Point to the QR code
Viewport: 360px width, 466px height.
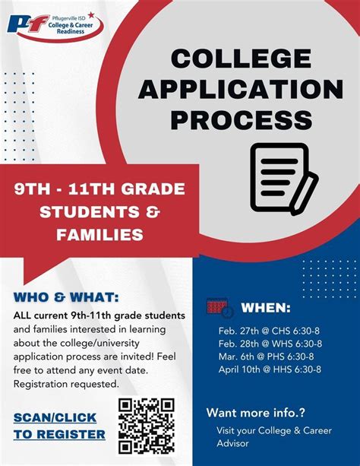tap(146, 426)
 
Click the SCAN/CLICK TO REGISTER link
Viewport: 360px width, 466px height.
tap(60, 426)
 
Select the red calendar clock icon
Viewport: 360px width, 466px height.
tap(220, 308)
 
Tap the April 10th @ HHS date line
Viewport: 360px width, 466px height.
tap(270, 369)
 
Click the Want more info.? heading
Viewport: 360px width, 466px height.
tap(255, 413)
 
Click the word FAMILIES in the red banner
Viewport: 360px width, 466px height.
tap(99, 235)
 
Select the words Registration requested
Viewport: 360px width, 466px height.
tap(66, 384)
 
